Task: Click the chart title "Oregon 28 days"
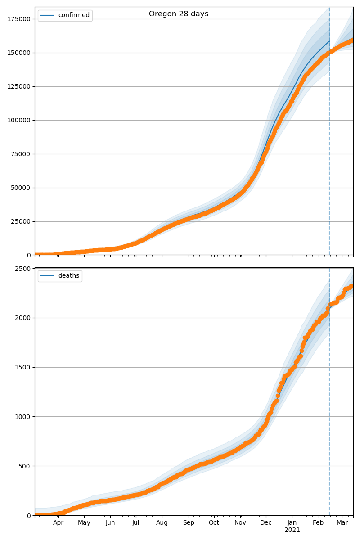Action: tap(179, 14)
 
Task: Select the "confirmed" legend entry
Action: tap(74, 15)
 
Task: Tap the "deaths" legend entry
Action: tap(68, 276)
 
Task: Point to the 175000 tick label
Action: tap(18, 19)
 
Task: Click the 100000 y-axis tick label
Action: tap(18, 120)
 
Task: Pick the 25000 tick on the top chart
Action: tap(20, 221)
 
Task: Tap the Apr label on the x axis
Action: tap(58, 523)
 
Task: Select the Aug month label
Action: tap(162, 523)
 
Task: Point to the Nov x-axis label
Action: tap(240, 523)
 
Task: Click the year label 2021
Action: tap(292, 530)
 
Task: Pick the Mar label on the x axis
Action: tap(342, 523)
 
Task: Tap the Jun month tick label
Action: tap(110, 523)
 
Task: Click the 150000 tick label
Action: tap(18, 53)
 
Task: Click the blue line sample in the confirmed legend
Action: tap(47, 15)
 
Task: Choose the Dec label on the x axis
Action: tap(266, 523)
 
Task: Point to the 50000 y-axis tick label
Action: tap(20, 188)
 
